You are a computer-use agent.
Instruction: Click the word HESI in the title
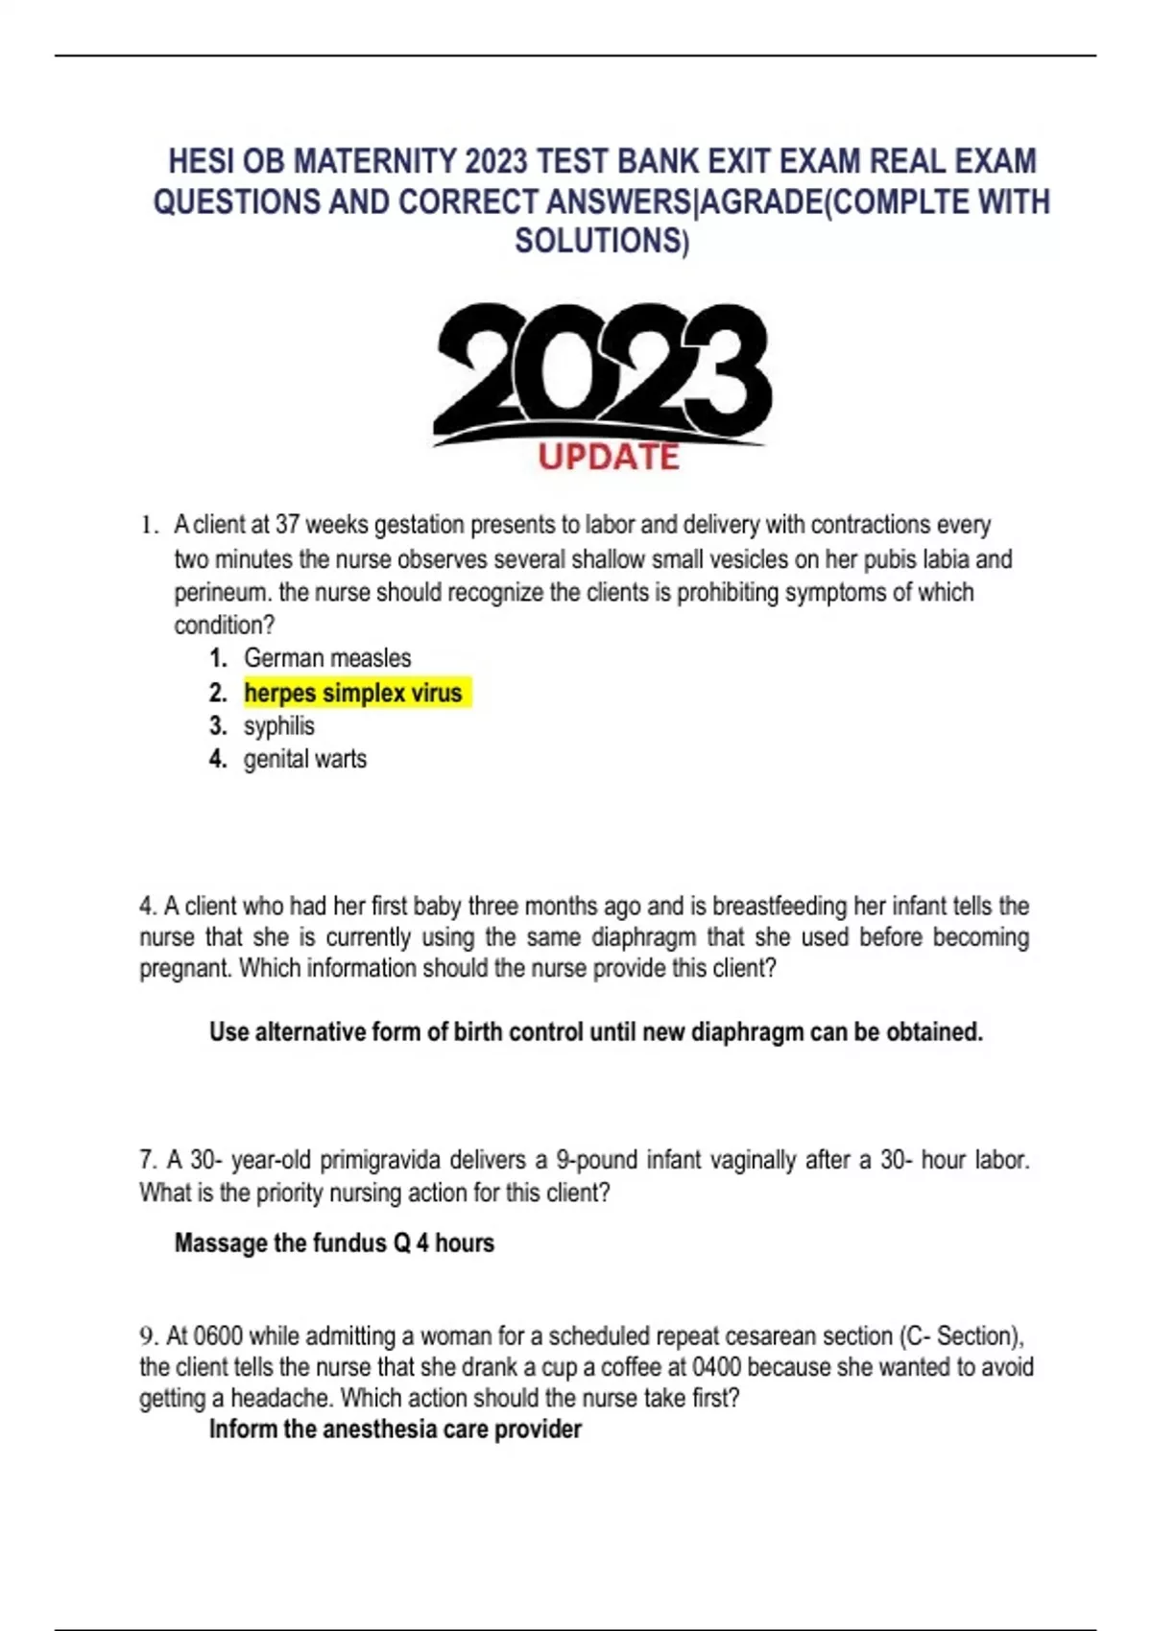(199, 161)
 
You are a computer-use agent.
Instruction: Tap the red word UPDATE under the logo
(609, 457)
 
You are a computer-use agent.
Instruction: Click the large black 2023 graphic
(602, 374)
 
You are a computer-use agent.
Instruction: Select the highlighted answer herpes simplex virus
(353, 693)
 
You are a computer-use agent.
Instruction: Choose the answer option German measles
(327, 658)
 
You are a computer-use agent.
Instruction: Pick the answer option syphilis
(279, 726)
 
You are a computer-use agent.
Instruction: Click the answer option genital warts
(305, 759)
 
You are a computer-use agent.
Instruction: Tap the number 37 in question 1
(287, 525)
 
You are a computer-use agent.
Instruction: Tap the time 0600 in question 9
(219, 1336)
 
